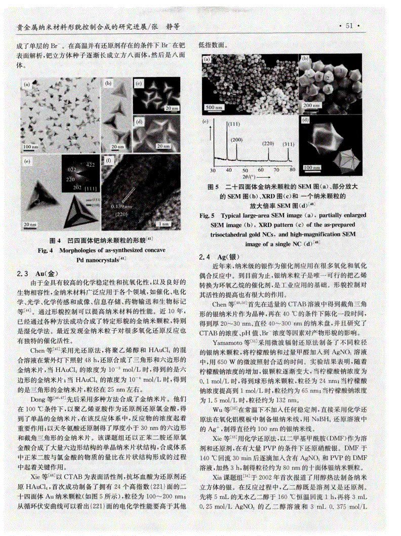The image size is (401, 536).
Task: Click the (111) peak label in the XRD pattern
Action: [x=234, y=124]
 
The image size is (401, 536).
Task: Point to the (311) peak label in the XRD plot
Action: [x=288, y=144]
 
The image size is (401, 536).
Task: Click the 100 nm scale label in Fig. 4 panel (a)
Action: [x=31, y=146]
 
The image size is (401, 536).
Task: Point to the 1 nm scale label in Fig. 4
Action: [x=164, y=223]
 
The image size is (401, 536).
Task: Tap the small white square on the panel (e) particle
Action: [x=36, y=204]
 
